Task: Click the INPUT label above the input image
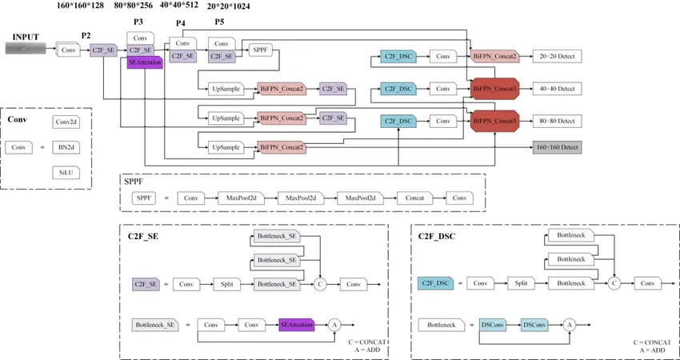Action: click(26, 37)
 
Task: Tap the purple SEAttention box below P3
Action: click(145, 63)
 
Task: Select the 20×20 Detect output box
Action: click(558, 57)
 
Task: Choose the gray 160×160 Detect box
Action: click(558, 148)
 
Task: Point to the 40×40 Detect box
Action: click(558, 87)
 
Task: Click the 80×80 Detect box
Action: click(558, 121)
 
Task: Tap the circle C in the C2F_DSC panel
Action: click(614, 283)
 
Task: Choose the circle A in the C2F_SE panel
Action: click(335, 325)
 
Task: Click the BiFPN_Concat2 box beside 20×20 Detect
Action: click(494, 57)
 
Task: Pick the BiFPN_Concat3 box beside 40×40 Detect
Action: click(494, 87)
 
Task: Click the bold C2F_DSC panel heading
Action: click(437, 237)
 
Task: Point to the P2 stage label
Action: click(86, 37)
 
